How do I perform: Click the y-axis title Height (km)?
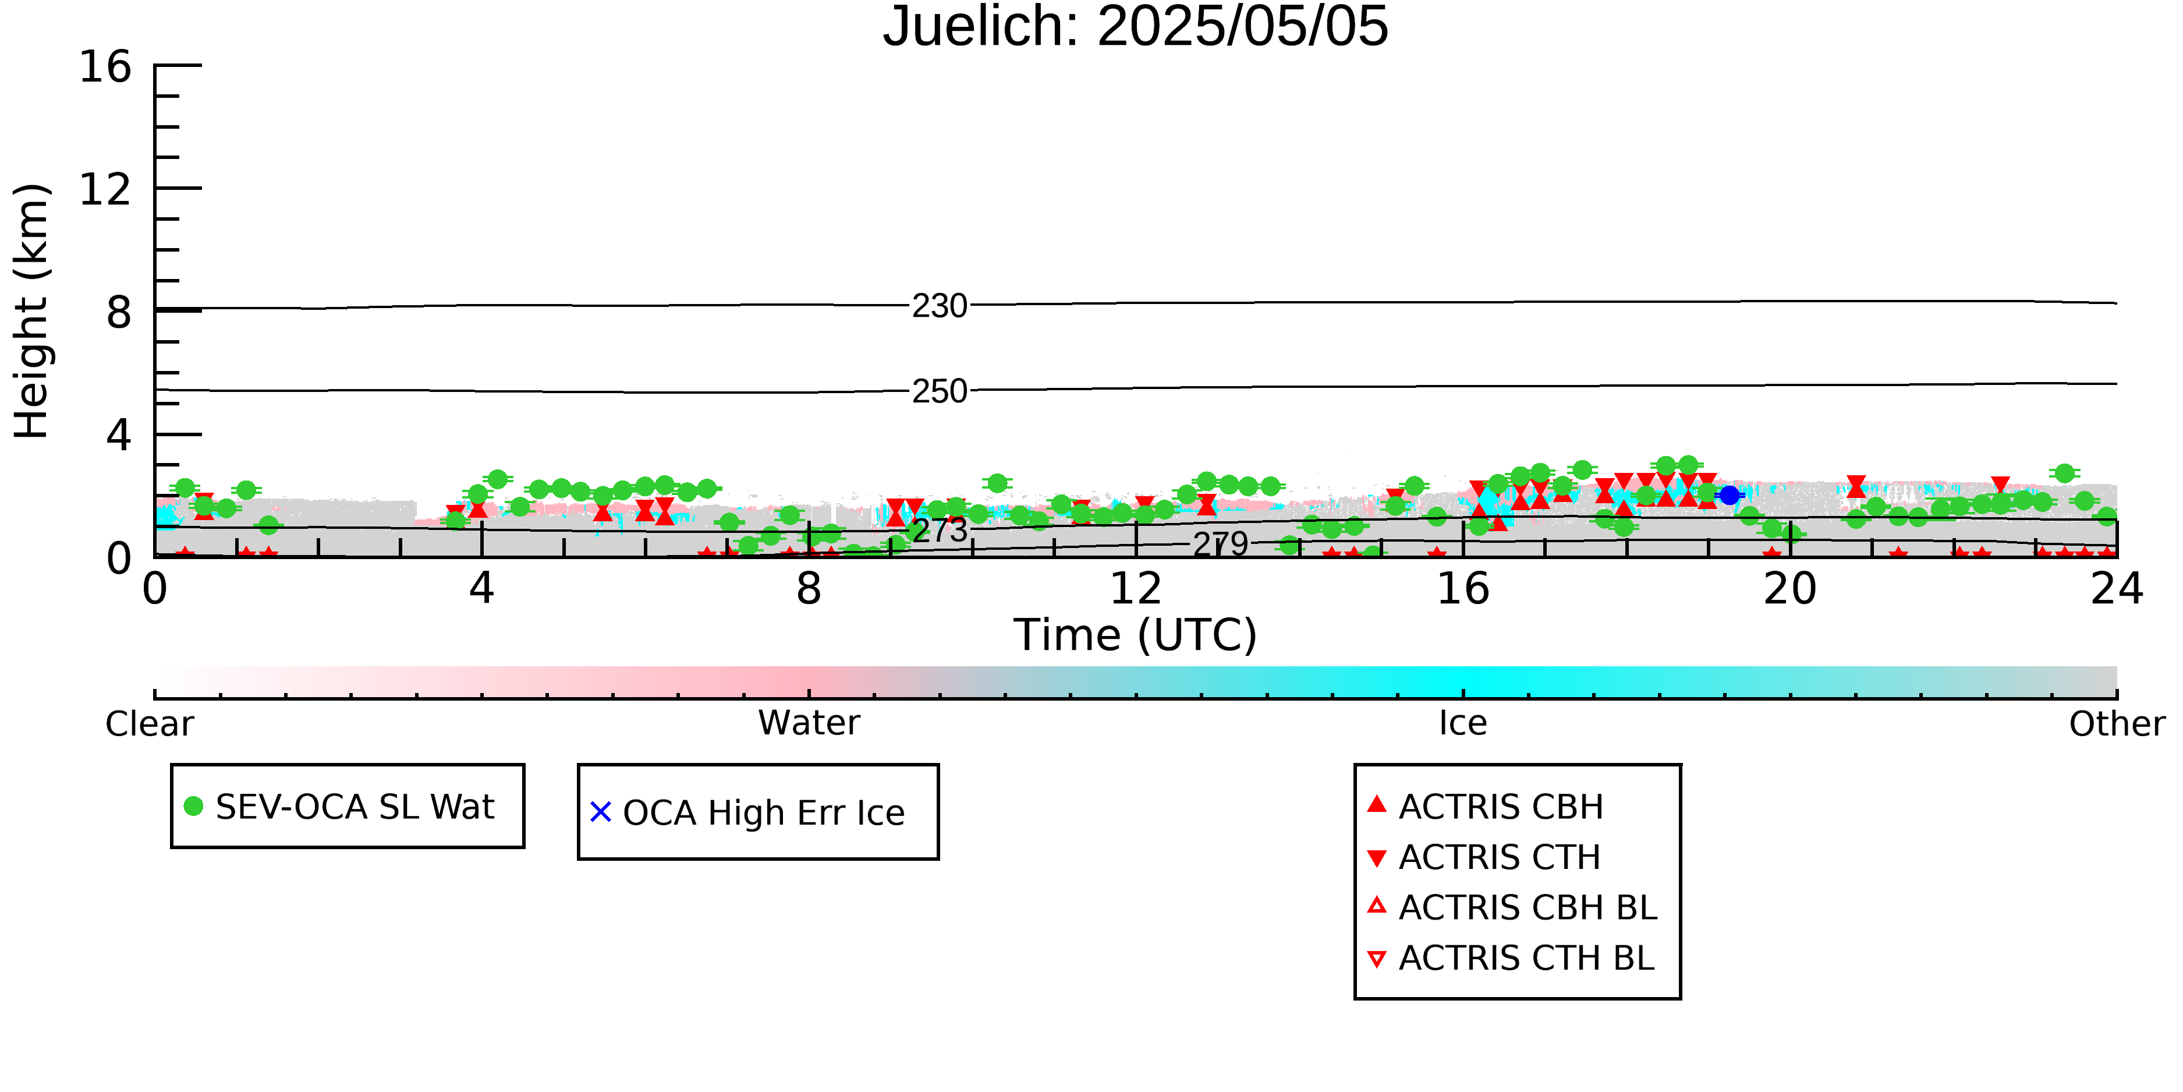click(x=32, y=311)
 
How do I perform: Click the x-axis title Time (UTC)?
click(x=1136, y=635)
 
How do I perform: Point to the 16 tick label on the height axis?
click(x=105, y=66)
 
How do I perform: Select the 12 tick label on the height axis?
click(x=105, y=189)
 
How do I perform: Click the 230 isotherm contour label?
click(x=939, y=306)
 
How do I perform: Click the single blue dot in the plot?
click(x=1730, y=495)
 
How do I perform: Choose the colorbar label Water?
click(x=809, y=723)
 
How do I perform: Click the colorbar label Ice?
click(x=1463, y=723)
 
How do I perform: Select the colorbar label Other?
click(x=2117, y=724)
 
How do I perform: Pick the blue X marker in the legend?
click(x=600, y=812)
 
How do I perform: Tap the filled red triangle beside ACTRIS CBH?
click(x=1377, y=804)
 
